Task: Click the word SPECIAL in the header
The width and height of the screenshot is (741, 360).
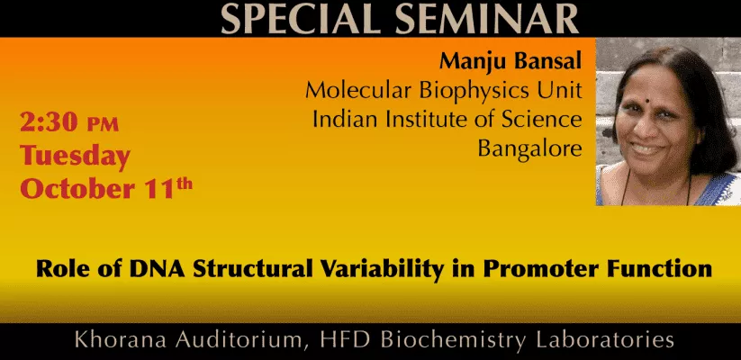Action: [x=300, y=19]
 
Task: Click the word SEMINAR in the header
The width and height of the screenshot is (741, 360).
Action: [x=487, y=19]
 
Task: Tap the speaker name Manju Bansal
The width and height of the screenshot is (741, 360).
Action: [x=511, y=61]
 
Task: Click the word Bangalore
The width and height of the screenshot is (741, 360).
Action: [x=529, y=148]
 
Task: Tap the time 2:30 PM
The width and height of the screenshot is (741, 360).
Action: [x=69, y=122]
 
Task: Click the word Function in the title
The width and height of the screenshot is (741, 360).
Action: [x=660, y=269]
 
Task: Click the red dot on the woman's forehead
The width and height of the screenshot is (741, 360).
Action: [x=648, y=101]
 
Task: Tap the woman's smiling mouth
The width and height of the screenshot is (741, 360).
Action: [x=649, y=148]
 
